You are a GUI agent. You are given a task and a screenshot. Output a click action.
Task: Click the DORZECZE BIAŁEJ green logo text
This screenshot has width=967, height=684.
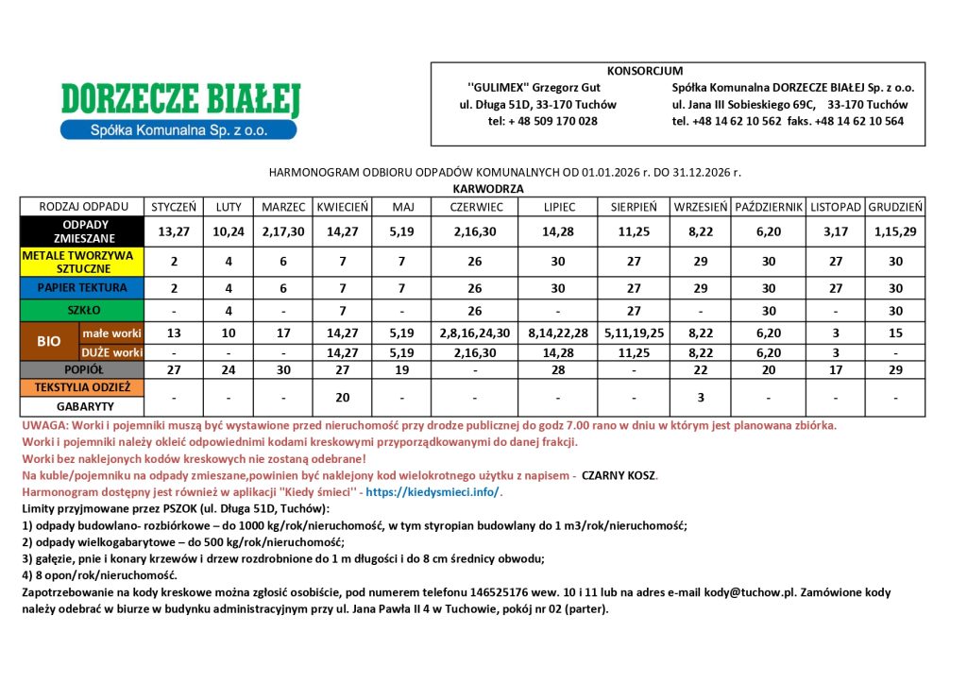[179, 99]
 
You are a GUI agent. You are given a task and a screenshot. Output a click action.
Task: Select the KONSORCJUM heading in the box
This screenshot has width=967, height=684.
[645, 71]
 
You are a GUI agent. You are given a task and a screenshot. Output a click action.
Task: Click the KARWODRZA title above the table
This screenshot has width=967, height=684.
[487, 189]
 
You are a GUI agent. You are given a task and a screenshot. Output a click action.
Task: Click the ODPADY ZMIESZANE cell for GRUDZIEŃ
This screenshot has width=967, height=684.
[895, 231]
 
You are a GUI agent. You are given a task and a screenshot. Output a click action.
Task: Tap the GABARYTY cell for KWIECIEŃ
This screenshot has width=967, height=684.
[342, 398]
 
